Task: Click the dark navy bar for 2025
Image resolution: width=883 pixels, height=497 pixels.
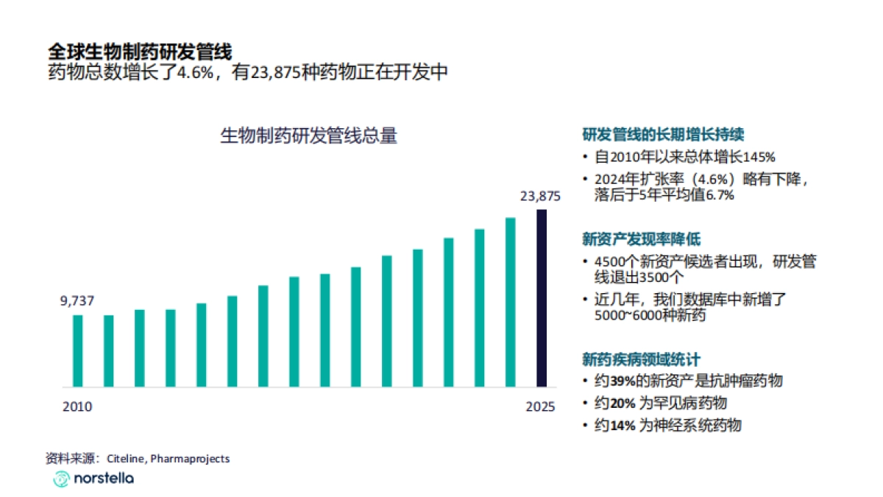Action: (x=541, y=298)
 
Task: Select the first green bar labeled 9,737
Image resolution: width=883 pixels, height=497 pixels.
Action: (x=77, y=351)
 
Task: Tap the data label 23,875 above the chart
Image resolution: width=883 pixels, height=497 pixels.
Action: (x=541, y=196)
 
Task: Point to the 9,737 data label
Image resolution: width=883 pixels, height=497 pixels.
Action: (x=77, y=300)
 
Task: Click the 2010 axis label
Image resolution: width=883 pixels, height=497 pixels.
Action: (x=77, y=406)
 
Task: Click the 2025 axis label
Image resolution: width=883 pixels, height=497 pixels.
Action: (x=541, y=406)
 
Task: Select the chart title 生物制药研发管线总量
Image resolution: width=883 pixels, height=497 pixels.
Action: (x=309, y=136)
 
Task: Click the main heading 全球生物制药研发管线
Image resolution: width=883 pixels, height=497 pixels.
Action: (x=140, y=52)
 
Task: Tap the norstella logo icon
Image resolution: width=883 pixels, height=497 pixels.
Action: (x=61, y=479)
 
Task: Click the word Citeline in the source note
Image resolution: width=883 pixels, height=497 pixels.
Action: (x=126, y=459)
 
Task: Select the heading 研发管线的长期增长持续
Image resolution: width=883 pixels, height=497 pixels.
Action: (x=663, y=135)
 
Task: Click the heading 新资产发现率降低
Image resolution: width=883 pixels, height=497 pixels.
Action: (x=641, y=239)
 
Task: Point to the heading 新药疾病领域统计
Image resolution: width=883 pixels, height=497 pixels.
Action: (x=641, y=359)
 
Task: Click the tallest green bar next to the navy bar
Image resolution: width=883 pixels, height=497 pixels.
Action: (x=510, y=302)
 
